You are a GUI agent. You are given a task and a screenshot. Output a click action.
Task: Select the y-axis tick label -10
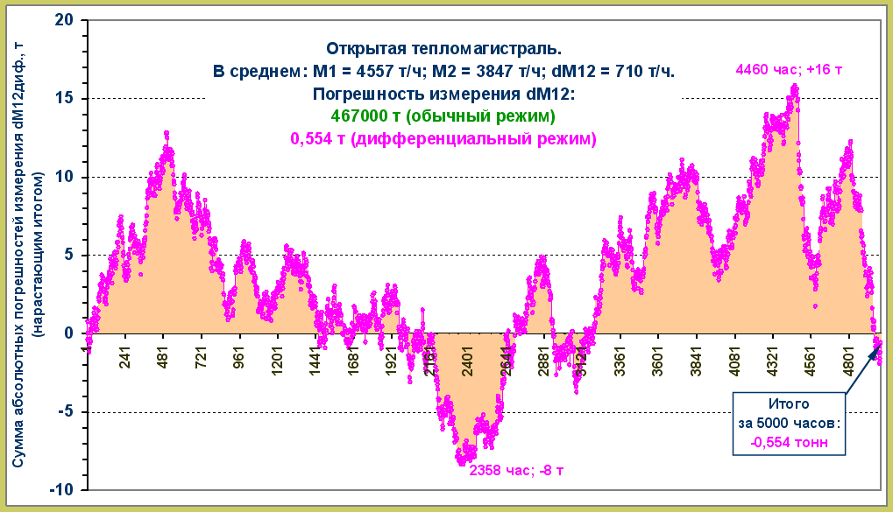pyautogui.click(x=62, y=489)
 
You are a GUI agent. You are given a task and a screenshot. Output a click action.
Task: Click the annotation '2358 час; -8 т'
pyautogui.click(x=516, y=470)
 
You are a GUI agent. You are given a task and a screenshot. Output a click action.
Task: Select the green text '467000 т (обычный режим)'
pyautogui.click(x=443, y=116)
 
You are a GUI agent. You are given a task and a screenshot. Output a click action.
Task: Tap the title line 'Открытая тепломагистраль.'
pyautogui.click(x=443, y=49)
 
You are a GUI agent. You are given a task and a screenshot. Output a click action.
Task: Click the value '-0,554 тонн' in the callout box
pyautogui.click(x=790, y=442)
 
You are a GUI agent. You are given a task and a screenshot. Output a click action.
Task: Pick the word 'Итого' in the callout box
pyautogui.click(x=790, y=405)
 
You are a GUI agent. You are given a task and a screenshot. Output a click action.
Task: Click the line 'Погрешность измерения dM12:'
pyautogui.click(x=443, y=95)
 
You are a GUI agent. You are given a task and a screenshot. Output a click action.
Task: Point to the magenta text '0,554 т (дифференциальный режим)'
pyautogui.click(x=443, y=138)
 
